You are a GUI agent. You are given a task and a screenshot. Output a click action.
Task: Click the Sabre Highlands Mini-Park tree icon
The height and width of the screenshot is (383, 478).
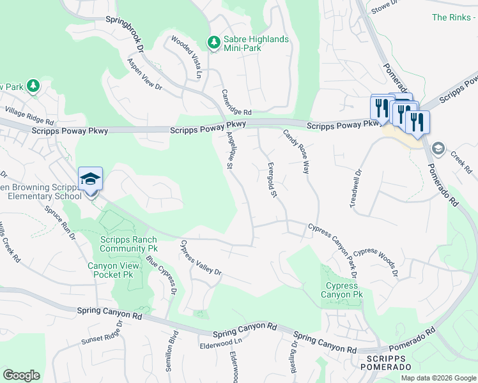pos(213,43)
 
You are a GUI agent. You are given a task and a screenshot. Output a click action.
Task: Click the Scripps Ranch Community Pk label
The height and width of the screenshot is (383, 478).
pos(128,243)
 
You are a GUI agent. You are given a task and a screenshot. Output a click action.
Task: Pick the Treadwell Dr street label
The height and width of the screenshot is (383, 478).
pos(355,188)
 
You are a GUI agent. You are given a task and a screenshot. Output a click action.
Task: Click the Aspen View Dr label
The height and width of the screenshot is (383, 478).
pos(146,73)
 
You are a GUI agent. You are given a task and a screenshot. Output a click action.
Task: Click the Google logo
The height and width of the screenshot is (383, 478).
pos(21,375)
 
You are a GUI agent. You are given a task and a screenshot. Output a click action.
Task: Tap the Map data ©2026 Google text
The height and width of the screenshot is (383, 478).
pos(438,378)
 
